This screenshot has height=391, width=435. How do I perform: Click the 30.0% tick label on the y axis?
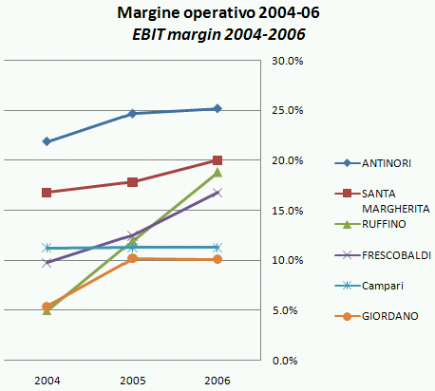287,61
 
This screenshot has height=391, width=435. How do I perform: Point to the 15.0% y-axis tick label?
287,211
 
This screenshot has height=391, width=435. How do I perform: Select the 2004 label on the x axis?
47,379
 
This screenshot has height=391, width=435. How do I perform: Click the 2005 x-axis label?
132,379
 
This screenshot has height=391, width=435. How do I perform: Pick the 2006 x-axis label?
217,379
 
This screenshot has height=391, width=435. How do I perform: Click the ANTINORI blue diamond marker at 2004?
47,141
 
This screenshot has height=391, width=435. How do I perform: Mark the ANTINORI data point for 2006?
217,108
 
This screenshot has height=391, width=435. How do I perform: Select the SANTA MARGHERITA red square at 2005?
132,182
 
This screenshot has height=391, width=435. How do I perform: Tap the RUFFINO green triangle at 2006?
217,173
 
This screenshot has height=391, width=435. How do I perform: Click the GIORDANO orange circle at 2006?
217,259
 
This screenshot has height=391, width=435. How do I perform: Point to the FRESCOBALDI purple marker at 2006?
217,193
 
